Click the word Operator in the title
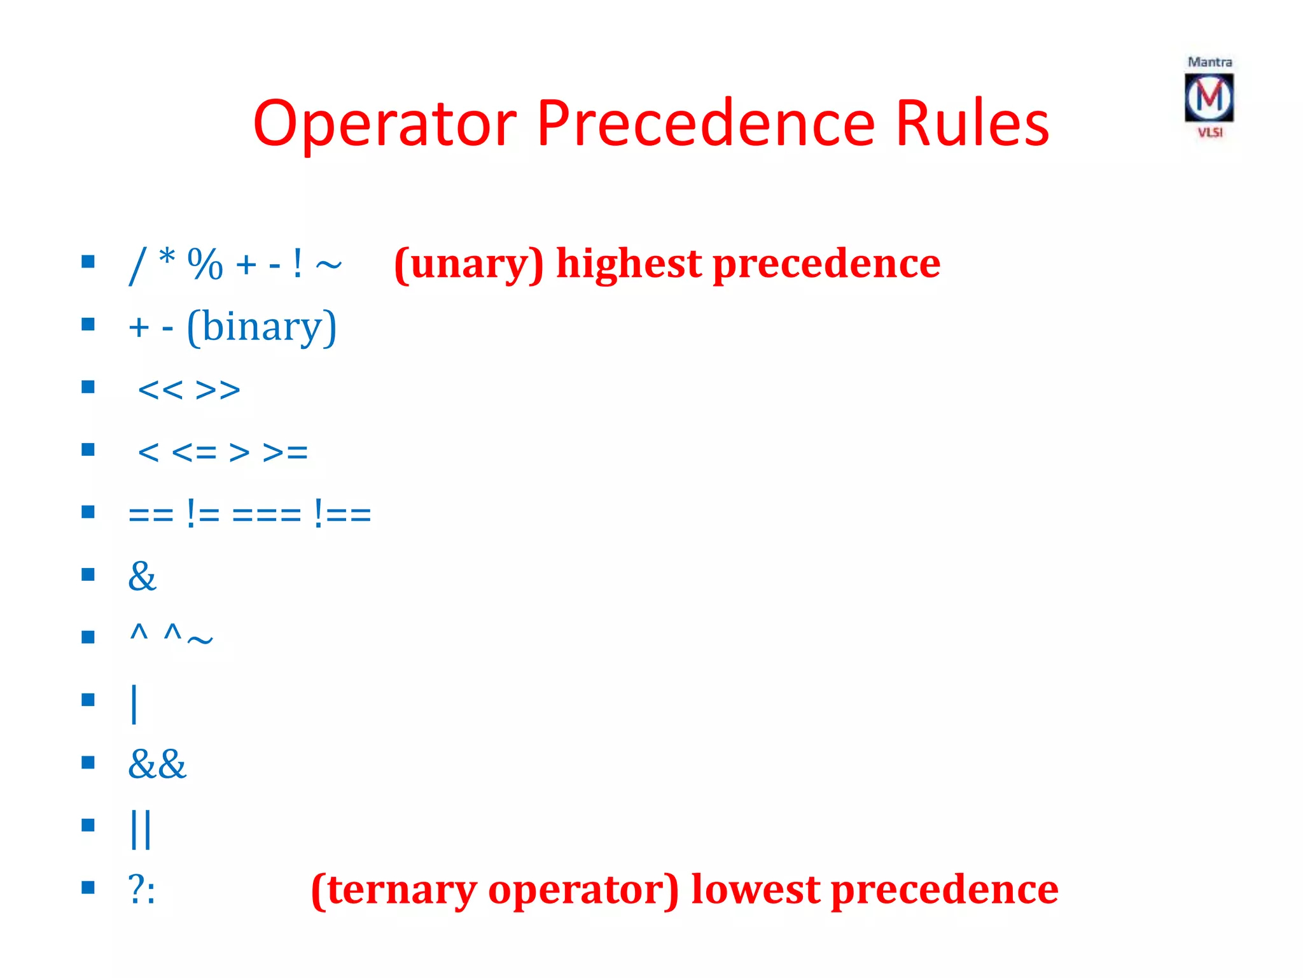click(x=384, y=124)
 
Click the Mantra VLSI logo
click(x=1209, y=97)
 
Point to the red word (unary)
click(x=469, y=264)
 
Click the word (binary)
click(x=261, y=327)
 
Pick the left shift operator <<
click(x=160, y=390)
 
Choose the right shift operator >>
click(x=218, y=390)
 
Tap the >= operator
click(x=285, y=452)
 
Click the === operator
click(x=267, y=513)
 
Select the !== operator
click(x=342, y=513)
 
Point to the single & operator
click(x=142, y=576)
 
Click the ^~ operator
click(x=188, y=635)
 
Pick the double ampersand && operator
click(x=157, y=763)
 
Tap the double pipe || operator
click(x=141, y=828)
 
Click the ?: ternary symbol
click(x=141, y=888)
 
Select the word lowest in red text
click(x=755, y=889)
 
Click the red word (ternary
click(x=394, y=890)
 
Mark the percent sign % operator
click(x=205, y=264)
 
